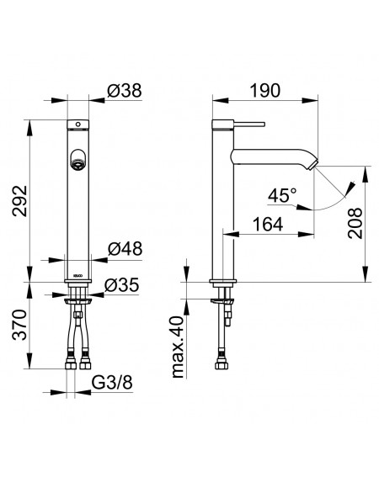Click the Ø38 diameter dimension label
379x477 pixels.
125,91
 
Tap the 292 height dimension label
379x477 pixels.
20,201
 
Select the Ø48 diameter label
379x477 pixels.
125,249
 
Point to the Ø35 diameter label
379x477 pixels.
121,285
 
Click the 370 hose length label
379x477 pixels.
20,325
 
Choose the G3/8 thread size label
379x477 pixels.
112,383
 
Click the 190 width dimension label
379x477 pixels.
264,91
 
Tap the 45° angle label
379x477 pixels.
282,195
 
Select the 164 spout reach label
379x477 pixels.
268,225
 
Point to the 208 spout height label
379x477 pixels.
355,223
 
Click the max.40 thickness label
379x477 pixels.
179,347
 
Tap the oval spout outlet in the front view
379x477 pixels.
78,158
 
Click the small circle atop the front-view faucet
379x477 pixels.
78,125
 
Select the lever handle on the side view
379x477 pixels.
249,125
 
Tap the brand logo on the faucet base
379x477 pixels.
78,275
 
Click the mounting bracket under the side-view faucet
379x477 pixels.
222,301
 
